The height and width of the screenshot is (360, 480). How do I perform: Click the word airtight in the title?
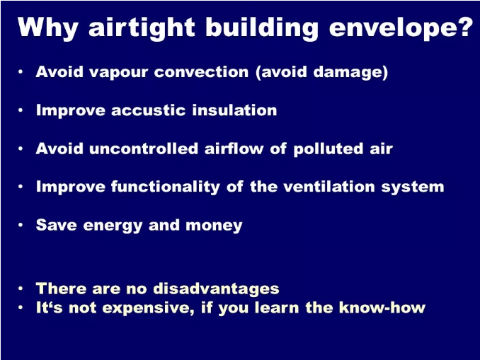[x=142, y=28]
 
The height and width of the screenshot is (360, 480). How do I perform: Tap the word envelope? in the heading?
[x=401, y=28]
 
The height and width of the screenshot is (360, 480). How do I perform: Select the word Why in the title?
[x=48, y=28]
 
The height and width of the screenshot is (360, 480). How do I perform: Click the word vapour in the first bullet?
[x=119, y=73]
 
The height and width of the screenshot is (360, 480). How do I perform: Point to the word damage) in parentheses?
[x=351, y=72]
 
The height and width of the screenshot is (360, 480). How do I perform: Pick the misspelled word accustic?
[x=149, y=110]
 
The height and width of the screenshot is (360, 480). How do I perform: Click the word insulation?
[x=234, y=110]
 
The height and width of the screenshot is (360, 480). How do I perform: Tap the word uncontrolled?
[x=144, y=149]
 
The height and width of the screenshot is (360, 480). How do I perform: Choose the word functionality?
[x=165, y=187]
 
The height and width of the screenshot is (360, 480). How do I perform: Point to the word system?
[x=413, y=188]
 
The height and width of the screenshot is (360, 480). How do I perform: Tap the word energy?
[x=113, y=226]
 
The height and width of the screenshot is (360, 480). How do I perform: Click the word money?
[x=214, y=226]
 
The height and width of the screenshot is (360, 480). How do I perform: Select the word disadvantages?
[x=216, y=289]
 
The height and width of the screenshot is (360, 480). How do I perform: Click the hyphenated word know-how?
[x=382, y=308]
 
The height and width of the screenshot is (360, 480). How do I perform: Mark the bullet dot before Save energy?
[x=21, y=225]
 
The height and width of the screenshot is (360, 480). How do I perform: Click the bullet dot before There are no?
[x=21, y=289]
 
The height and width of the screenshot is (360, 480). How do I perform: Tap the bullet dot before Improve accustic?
[x=21, y=110]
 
